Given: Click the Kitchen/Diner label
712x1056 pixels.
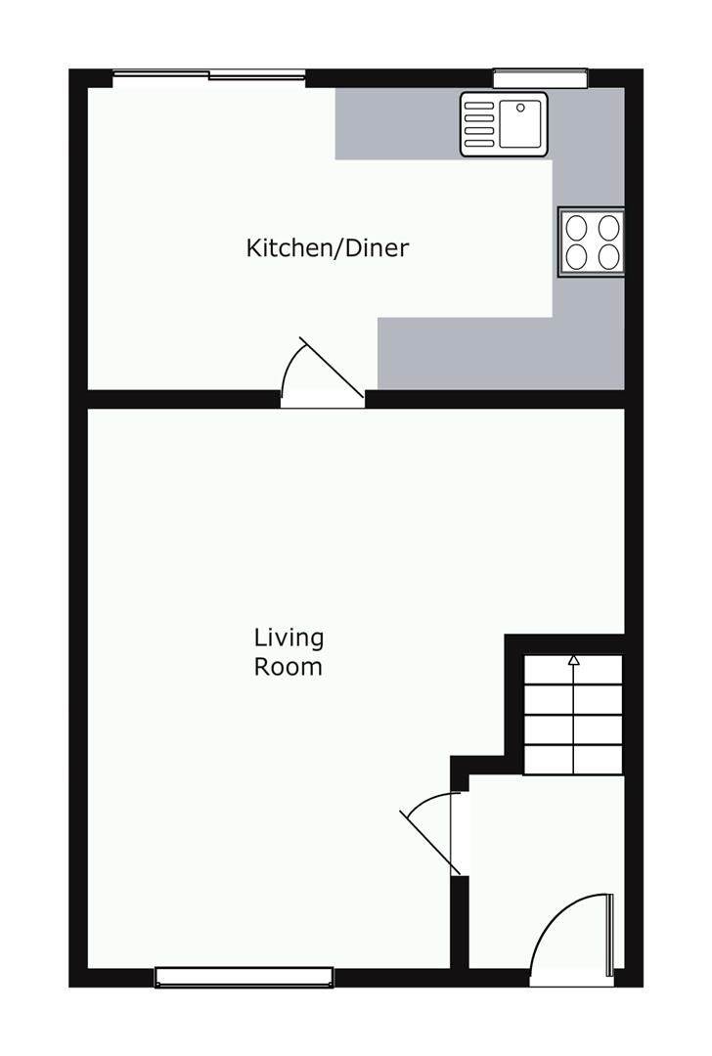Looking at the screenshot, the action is click(328, 247).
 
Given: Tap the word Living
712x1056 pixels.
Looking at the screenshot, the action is click(289, 638).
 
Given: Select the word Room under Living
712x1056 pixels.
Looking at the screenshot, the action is click(289, 667).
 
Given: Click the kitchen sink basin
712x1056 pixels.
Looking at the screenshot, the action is click(520, 123).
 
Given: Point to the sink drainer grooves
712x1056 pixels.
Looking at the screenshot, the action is click(479, 123).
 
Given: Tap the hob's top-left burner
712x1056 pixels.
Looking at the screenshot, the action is click(576, 228).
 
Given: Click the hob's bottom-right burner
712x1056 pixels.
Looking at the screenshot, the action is click(608, 256).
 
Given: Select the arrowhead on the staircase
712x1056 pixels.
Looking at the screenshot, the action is click(573, 660).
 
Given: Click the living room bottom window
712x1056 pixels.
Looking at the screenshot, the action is click(244, 977).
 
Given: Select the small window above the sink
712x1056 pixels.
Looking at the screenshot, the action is click(540, 79).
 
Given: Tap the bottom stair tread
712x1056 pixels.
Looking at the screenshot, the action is click(573, 761).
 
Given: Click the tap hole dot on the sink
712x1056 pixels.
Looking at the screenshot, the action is click(520, 107).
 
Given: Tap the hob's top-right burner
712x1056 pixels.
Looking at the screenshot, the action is click(608, 228).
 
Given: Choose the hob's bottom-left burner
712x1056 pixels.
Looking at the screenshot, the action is click(576, 256).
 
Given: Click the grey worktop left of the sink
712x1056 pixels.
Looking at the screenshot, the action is click(397, 123).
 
